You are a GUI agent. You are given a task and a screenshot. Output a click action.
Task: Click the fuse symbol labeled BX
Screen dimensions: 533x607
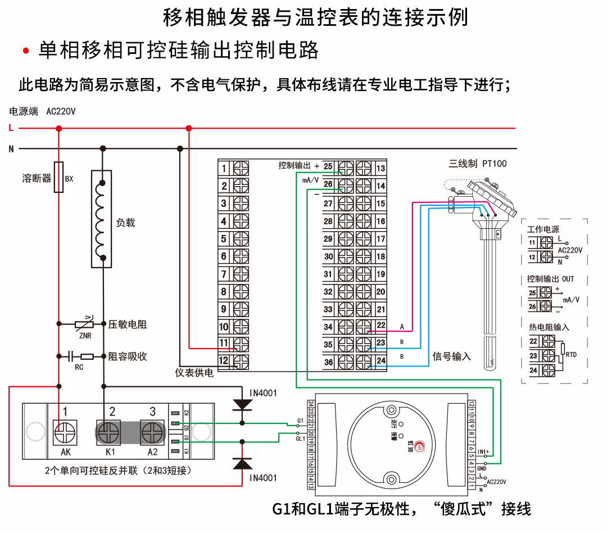[x=58, y=177]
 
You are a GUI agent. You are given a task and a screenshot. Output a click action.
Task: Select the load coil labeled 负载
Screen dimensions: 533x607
[x=102, y=219]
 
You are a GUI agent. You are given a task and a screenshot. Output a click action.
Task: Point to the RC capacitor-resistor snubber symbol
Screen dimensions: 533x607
[x=80, y=356]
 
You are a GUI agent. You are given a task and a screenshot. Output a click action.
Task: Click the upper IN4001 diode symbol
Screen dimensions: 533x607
[x=242, y=404]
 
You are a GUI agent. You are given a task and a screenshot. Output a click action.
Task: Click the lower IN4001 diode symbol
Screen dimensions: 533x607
[x=242, y=463]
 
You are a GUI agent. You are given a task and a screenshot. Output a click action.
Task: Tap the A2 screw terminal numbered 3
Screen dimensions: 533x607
[x=151, y=433]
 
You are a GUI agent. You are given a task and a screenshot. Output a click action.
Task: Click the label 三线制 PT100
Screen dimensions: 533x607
[x=477, y=164]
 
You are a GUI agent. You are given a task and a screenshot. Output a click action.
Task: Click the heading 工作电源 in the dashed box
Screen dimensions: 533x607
[x=543, y=229]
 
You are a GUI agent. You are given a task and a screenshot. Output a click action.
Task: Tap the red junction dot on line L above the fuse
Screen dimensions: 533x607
[x=58, y=129]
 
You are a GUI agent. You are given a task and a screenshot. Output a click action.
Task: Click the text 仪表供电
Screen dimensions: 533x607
[x=194, y=373]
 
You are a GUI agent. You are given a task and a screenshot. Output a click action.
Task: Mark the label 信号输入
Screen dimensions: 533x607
[x=451, y=356]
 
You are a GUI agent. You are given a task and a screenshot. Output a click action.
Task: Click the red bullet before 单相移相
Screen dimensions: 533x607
[x=26, y=51]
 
